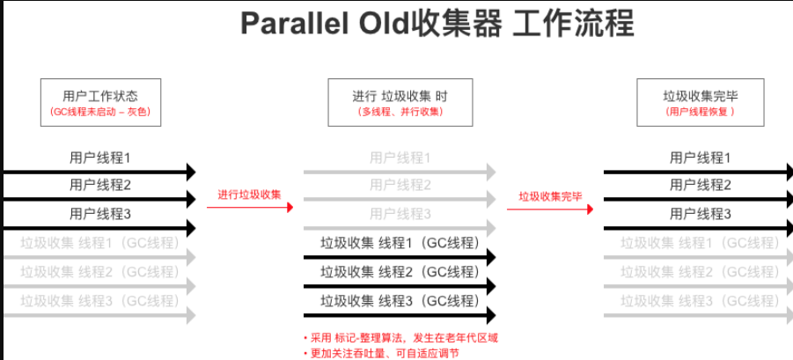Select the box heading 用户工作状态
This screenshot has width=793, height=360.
(x=100, y=95)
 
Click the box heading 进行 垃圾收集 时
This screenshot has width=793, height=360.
(x=400, y=95)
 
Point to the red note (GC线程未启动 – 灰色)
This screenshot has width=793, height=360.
(x=100, y=113)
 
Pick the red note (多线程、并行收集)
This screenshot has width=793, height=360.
(x=400, y=113)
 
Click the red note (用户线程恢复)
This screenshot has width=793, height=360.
(x=700, y=113)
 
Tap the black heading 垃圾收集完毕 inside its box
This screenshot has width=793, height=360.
(x=700, y=95)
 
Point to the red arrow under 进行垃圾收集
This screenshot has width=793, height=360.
(x=250, y=208)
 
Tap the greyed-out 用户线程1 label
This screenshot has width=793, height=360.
(x=400, y=158)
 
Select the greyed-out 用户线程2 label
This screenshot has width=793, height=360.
(x=400, y=186)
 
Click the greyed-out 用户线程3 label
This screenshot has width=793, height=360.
(x=400, y=214)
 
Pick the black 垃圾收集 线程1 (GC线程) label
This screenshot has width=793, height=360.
(x=399, y=244)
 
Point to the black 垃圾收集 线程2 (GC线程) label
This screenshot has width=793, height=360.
(x=399, y=272)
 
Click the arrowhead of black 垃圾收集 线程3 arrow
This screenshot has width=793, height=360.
(x=490, y=315)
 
